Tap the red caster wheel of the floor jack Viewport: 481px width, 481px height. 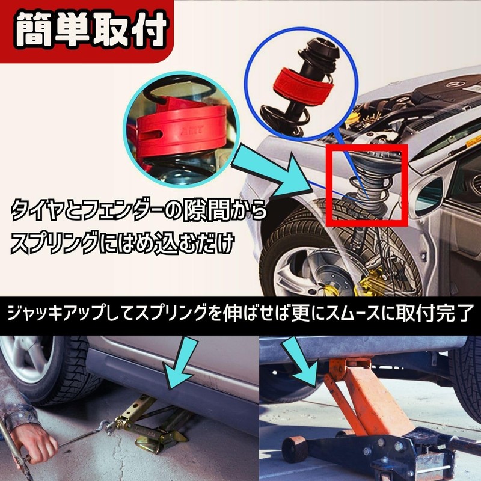(295, 449)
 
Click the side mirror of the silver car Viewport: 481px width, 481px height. (429, 193)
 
